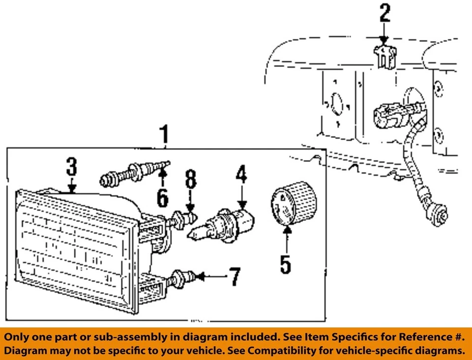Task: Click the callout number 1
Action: [165, 134]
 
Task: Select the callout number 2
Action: [384, 13]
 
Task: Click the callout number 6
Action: [162, 197]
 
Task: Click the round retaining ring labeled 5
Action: [294, 204]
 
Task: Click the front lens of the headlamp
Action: [74, 251]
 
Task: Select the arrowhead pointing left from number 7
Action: [200, 277]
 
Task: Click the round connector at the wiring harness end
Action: [441, 214]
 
